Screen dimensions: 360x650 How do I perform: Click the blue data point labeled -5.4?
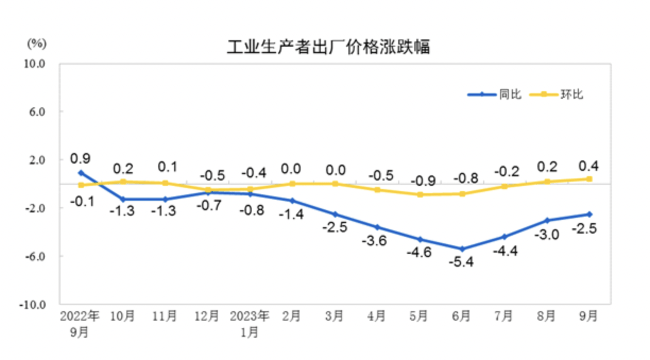(462, 249)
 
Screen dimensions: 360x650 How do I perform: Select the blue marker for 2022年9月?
(81, 173)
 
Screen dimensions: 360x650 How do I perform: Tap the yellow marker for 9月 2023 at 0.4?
(589, 179)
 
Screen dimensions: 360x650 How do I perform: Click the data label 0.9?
(80, 158)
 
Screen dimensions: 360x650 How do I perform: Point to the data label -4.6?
(420, 253)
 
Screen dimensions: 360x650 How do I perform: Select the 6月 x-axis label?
(461, 316)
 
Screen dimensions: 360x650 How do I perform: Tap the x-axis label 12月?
(207, 316)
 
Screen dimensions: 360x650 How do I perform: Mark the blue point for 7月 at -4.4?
(504, 237)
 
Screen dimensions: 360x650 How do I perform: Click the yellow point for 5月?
(420, 194)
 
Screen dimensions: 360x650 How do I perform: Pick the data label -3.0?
(547, 234)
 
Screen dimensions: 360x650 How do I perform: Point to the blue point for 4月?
(377, 227)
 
